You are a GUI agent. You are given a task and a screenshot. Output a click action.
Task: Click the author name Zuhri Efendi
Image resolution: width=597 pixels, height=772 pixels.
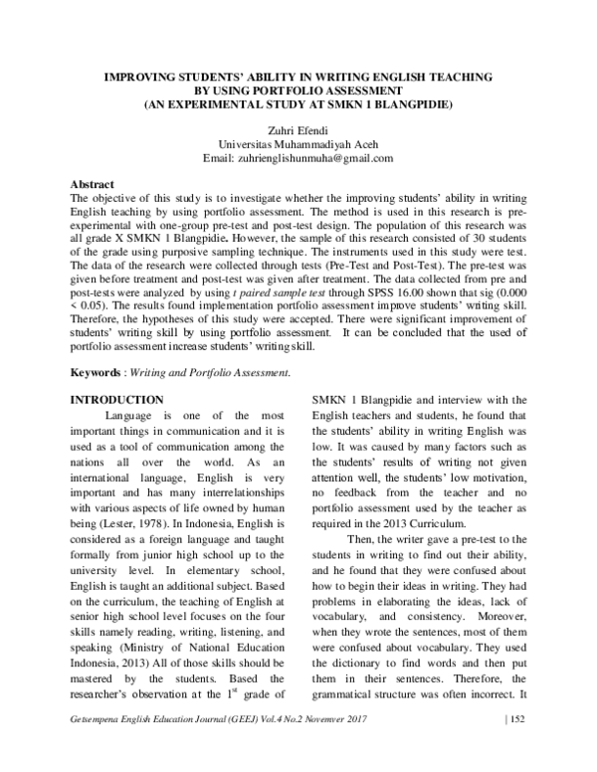coord(298,128)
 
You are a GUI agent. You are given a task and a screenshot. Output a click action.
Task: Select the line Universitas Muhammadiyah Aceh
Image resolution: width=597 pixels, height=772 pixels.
coord(298,143)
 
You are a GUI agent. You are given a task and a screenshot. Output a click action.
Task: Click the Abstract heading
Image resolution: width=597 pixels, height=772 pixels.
coord(93,185)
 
